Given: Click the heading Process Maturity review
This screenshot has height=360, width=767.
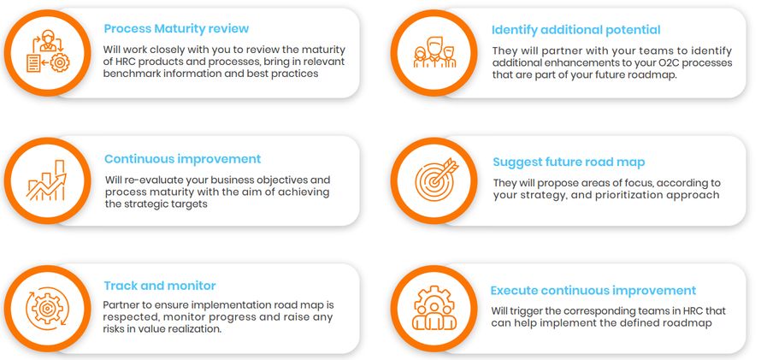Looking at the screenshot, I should coord(177,27).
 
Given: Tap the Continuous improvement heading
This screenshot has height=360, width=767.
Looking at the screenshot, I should coord(182,159).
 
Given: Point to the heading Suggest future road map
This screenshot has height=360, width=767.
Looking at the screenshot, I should coord(569,162).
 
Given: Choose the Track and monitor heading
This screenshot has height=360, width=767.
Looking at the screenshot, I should coord(159,286).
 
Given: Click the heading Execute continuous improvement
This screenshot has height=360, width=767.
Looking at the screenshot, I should coord(593,291).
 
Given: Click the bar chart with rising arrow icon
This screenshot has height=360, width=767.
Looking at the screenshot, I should coord(47,180).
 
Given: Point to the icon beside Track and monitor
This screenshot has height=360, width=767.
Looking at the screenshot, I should coord(47,307).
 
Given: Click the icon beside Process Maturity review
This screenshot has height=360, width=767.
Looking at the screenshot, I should coord(47,50).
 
